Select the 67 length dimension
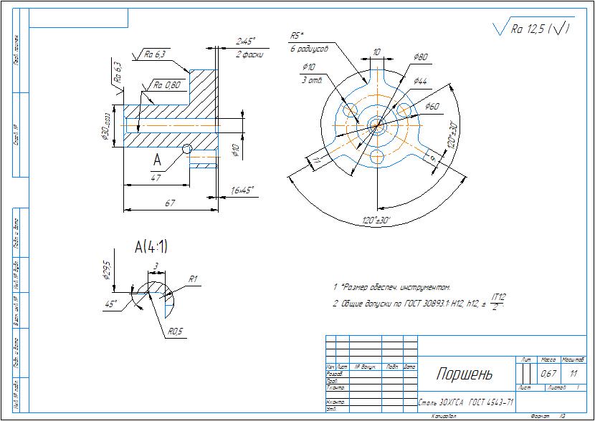[x=170, y=203]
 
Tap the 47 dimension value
[x=156, y=178]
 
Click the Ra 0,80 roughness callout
[x=166, y=85]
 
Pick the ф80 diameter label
[x=421, y=57]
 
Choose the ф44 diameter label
[x=420, y=82]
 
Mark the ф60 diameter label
[x=432, y=106]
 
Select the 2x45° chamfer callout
[x=246, y=41]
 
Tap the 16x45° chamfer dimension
[x=241, y=190]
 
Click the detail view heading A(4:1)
[x=151, y=248]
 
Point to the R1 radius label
[x=192, y=279]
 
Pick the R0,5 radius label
[x=176, y=332]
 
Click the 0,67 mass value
[x=548, y=373]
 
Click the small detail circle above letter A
[x=187, y=149]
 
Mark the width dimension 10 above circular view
[x=376, y=52]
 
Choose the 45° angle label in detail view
[x=110, y=303]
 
